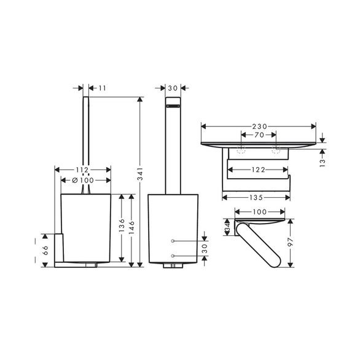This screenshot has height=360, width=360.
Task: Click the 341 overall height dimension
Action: [140, 174]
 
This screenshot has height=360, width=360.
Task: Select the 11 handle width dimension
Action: [103, 88]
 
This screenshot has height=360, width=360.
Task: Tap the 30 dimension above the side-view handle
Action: [173, 88]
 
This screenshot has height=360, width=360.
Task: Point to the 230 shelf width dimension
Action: [259, 127]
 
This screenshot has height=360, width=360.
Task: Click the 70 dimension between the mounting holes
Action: [259, 135]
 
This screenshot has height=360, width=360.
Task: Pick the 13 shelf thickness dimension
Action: [323, 163]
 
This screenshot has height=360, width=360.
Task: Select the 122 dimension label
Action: [258, 170]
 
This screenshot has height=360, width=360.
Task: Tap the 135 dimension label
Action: [256, 197]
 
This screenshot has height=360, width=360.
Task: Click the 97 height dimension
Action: [291, 242]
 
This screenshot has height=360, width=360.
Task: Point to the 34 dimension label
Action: [227, 227]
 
